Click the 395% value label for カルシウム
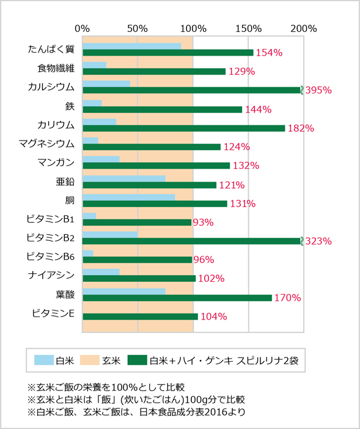tap(318, 90)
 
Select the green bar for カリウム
tap(183, 128)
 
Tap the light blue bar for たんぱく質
tap(131, 46)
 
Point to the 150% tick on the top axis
tap(249, 28)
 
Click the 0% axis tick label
tap(83, 28)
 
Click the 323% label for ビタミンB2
tap(318, 241)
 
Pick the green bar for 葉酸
tap(177, 298)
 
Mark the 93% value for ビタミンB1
tap(202, 222)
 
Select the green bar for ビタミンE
tap(140, 317)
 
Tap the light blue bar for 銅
tap(128, 197)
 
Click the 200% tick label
tap(304, 28)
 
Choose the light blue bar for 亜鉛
tap(123, 178)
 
